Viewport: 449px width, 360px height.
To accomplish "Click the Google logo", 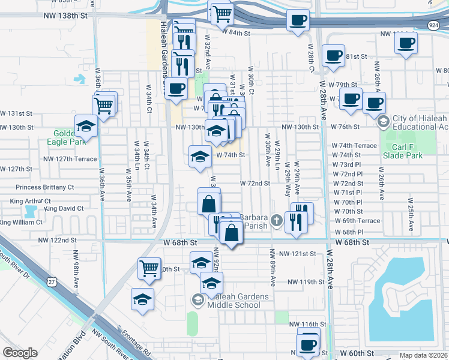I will point(20,353).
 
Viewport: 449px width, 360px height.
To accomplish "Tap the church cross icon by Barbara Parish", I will point(276,220).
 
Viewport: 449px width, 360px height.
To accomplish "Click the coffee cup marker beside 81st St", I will point(333,56).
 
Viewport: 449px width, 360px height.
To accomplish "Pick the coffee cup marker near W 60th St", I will point(308,344).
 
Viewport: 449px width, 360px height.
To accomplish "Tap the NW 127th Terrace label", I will point(70,159).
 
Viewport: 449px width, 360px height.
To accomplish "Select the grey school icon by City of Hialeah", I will point(383,122).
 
